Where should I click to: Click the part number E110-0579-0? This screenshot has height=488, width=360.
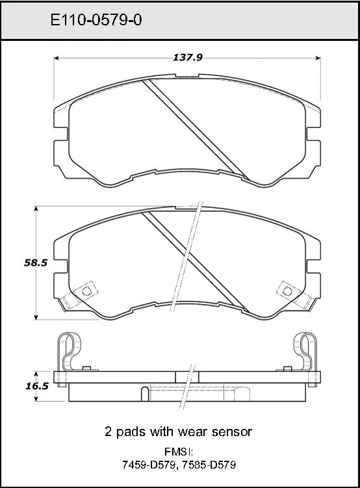tap(96, 21)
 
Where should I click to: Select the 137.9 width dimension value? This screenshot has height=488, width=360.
tap(188, 58)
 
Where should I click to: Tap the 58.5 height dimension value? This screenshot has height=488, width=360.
tap(36, 263)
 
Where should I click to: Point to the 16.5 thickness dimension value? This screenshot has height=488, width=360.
tap(37, 386)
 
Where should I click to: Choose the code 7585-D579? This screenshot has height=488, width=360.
tap(209, 465)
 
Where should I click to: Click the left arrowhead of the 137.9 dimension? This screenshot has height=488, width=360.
tap(57, 58)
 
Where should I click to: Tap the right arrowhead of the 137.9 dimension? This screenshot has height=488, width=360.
tap(318, 58)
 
